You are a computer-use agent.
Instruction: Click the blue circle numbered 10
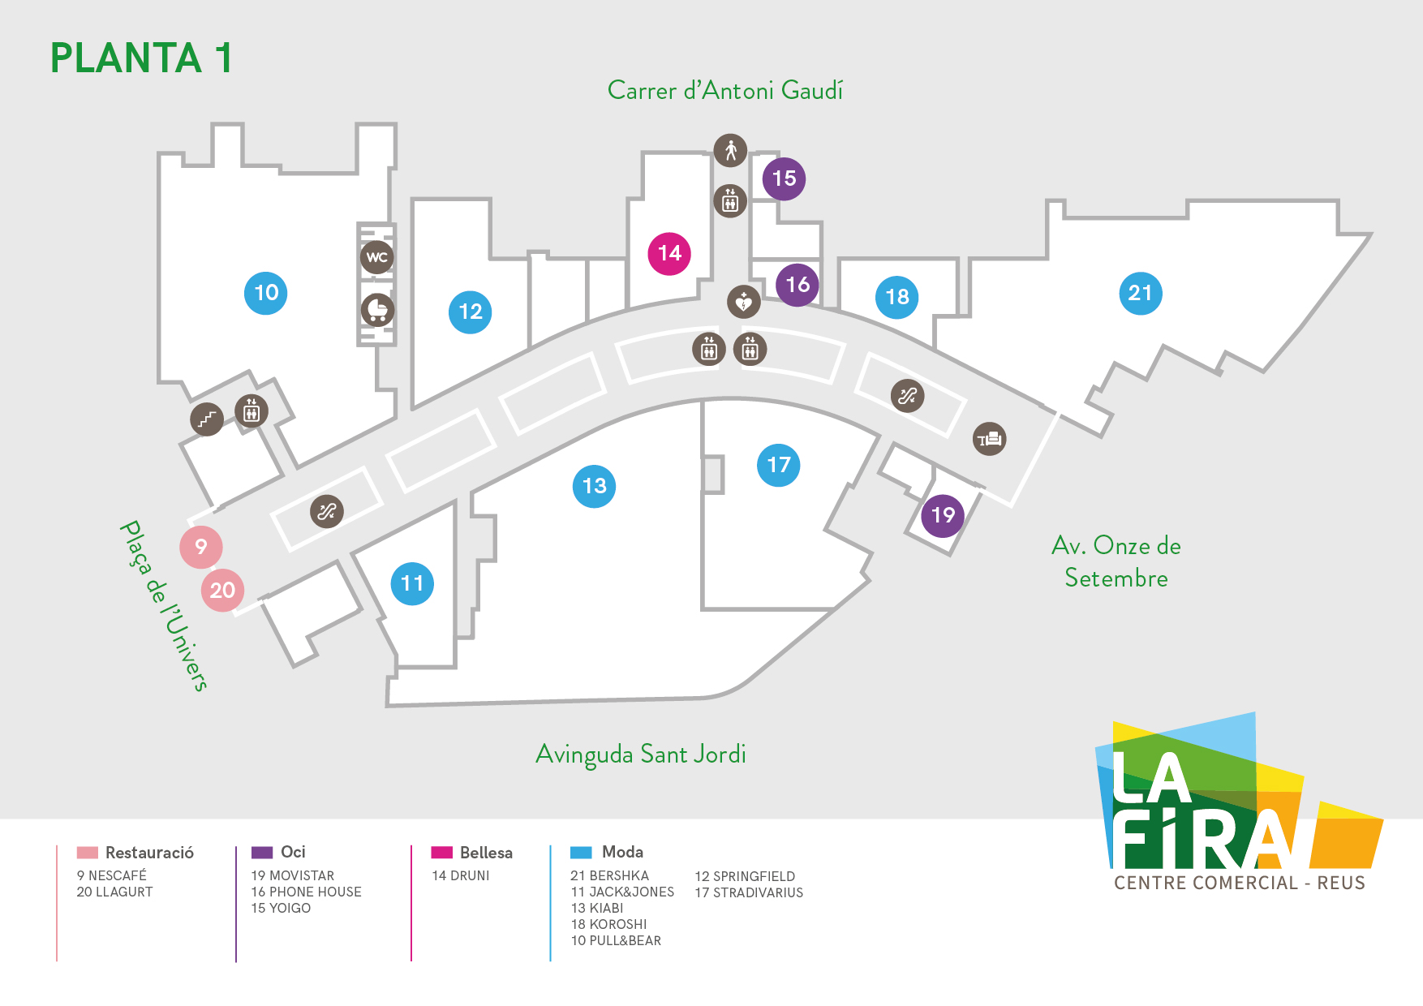coord(266,293)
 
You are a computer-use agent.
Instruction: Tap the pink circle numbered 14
coord(669,254)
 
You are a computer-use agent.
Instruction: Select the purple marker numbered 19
coord(943,515)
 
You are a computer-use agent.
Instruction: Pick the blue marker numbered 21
coord(1141,293)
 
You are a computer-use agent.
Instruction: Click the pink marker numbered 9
coord(201,547)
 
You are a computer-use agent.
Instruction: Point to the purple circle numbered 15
coord(784,178)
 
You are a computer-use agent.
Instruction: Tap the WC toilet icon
coord(377,258)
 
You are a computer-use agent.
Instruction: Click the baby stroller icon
coord(377,310)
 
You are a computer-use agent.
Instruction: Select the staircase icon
coord(207,419)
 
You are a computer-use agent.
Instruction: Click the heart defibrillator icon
coord(743,303)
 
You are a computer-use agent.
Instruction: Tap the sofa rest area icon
coord(990,439)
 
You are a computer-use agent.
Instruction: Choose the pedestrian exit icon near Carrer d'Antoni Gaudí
coord(730,150)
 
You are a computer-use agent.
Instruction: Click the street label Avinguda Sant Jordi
coord(641,754)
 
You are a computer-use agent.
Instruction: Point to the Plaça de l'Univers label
coord(164,605)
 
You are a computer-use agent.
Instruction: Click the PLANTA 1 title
coord(142,58)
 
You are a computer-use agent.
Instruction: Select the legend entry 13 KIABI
coord(597,908)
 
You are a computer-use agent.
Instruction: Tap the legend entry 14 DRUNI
coord(461,875)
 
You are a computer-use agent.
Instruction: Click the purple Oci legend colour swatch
coord(262,853)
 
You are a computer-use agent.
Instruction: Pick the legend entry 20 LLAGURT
coord(114,892)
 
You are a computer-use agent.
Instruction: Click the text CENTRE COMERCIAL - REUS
coord(1240,883)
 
